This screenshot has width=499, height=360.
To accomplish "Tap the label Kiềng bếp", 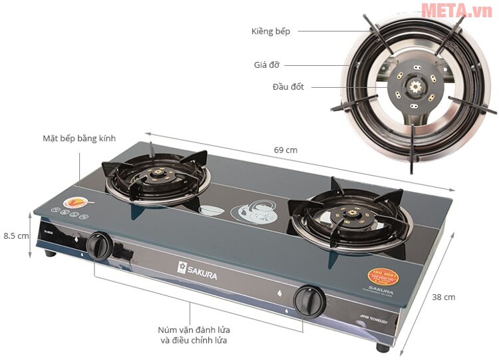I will tap(271, 31).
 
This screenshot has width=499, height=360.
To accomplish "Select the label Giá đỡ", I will tap(266, 65).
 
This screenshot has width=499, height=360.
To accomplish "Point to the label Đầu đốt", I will tap(287, 87).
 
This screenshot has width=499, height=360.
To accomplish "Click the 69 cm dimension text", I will tap(285, 150).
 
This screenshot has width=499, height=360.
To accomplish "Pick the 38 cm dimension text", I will tap(444, 297).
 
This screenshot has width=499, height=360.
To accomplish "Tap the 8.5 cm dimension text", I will tap(16, 236).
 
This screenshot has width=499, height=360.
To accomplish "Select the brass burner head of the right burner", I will tap(349, 214).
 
